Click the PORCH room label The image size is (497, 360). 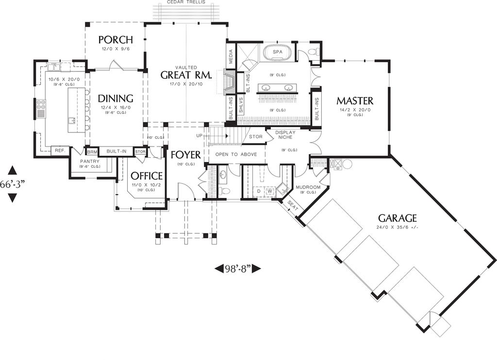pyautogui.click(x=116, y=40)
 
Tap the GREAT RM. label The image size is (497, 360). pyautogui.click(x=186, y=75)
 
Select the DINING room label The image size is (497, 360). pyautogui.click(x=116, y=98)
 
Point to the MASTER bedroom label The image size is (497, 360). pyautogui.click(x=355, y=101)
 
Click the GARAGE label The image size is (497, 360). pyautogui.click(x=398, y=218)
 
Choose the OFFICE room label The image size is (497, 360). pyautogui.click(x=147, y=176)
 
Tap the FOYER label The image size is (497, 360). pyautogui.click(x=185, y=155)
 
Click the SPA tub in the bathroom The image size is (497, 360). pyautogui.click(x=278, y=52)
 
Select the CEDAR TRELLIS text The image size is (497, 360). pyautogui.click(x=186, y=2)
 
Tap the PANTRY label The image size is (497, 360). pyautogui.click(x=90, y=161)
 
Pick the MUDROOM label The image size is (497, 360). pyautogui.click(x=308, y=186)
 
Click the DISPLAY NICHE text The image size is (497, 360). pyautogui.click(x=285, y=135)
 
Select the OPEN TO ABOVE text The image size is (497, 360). pyautogui.click(x=236, y=155)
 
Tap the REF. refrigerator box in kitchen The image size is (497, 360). pyautogui.click(x=60, y=151)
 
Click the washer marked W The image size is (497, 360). pyautogui.click(x=269, y=192)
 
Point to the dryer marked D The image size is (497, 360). pyautogui.click(x=259, y=192)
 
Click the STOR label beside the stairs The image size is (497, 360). pyautogui.click(x=256, y=137)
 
